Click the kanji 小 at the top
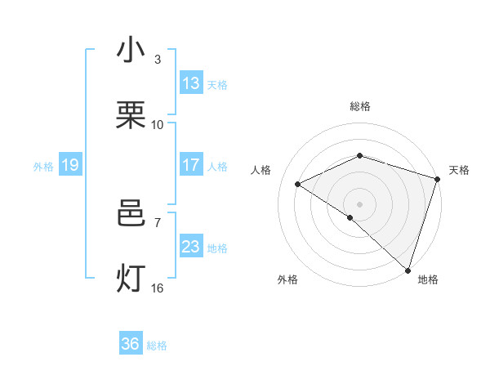click(131, 51)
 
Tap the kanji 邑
click(131, 214)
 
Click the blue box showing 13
click(191, 83)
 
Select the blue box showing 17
click(191, 165)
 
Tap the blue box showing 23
click(191, 247)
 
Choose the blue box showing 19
click(69, 165)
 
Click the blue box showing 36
click(131, 344)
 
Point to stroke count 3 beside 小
click(158, 59)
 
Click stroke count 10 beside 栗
click(158, 124)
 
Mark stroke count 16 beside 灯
click(158, 288)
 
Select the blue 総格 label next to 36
click(157, 346)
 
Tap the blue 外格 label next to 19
click(43, 167)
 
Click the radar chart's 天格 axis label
click(459, 170)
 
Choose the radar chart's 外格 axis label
click(287, 279)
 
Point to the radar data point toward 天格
click(438, 179)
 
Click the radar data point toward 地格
click(408, 270)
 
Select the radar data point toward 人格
click(298, 185)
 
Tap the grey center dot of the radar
click(359, 203)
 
